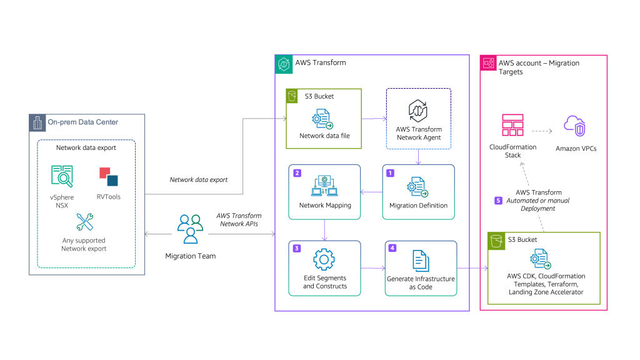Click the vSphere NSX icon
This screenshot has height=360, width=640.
click(63, 177)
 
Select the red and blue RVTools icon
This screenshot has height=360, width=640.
click(108, 176)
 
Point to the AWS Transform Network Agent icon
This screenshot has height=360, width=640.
click(418, 110)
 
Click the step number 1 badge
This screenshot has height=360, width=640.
click(391, 172)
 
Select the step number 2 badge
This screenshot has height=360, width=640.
click(297, 172)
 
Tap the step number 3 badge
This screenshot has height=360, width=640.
click(297, 248)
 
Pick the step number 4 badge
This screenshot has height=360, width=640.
click(392, 248)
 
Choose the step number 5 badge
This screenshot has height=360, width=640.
click(498, 201)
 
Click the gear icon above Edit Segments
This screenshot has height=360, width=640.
click(324, 259)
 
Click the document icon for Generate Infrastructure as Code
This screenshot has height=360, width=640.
click(420, 260)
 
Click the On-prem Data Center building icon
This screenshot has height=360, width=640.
click(37, 122)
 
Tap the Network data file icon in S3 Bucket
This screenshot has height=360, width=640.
click(324, 118)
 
